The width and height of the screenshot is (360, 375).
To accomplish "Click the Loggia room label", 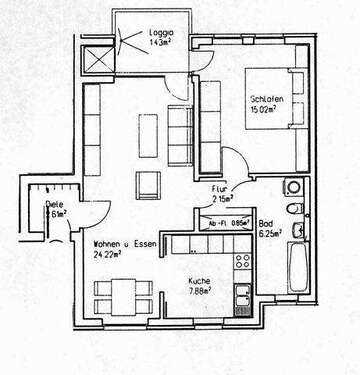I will [159, 33].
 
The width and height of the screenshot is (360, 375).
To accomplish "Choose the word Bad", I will [266, 223].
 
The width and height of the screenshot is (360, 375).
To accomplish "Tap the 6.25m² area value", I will [270, 234].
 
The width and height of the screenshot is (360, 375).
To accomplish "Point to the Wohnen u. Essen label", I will [122, 243].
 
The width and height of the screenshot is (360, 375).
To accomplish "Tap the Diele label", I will [54, 204].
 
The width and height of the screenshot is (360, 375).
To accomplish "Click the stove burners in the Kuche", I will [241, 262].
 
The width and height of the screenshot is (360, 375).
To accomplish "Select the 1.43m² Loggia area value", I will [160, 44].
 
